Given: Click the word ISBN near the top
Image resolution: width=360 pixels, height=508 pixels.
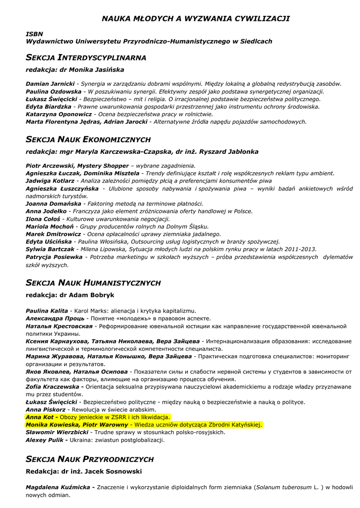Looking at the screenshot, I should pos(33,33).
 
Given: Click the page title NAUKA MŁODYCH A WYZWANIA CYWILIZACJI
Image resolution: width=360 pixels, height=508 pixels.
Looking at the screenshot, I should pos(196,18).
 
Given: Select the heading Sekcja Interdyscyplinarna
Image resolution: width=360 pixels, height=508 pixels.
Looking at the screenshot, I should pos(86,58).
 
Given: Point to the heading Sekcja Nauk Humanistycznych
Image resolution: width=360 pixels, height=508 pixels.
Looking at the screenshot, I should pos(93,283).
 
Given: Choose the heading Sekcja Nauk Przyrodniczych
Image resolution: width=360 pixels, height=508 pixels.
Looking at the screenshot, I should pos(90,459).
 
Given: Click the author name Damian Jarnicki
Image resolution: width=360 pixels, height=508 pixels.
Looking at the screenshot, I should pos(50,84).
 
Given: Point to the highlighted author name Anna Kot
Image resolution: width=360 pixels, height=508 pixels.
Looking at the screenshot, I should pos(39,417).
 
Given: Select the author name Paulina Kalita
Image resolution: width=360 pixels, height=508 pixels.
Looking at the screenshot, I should pos(47,311).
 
